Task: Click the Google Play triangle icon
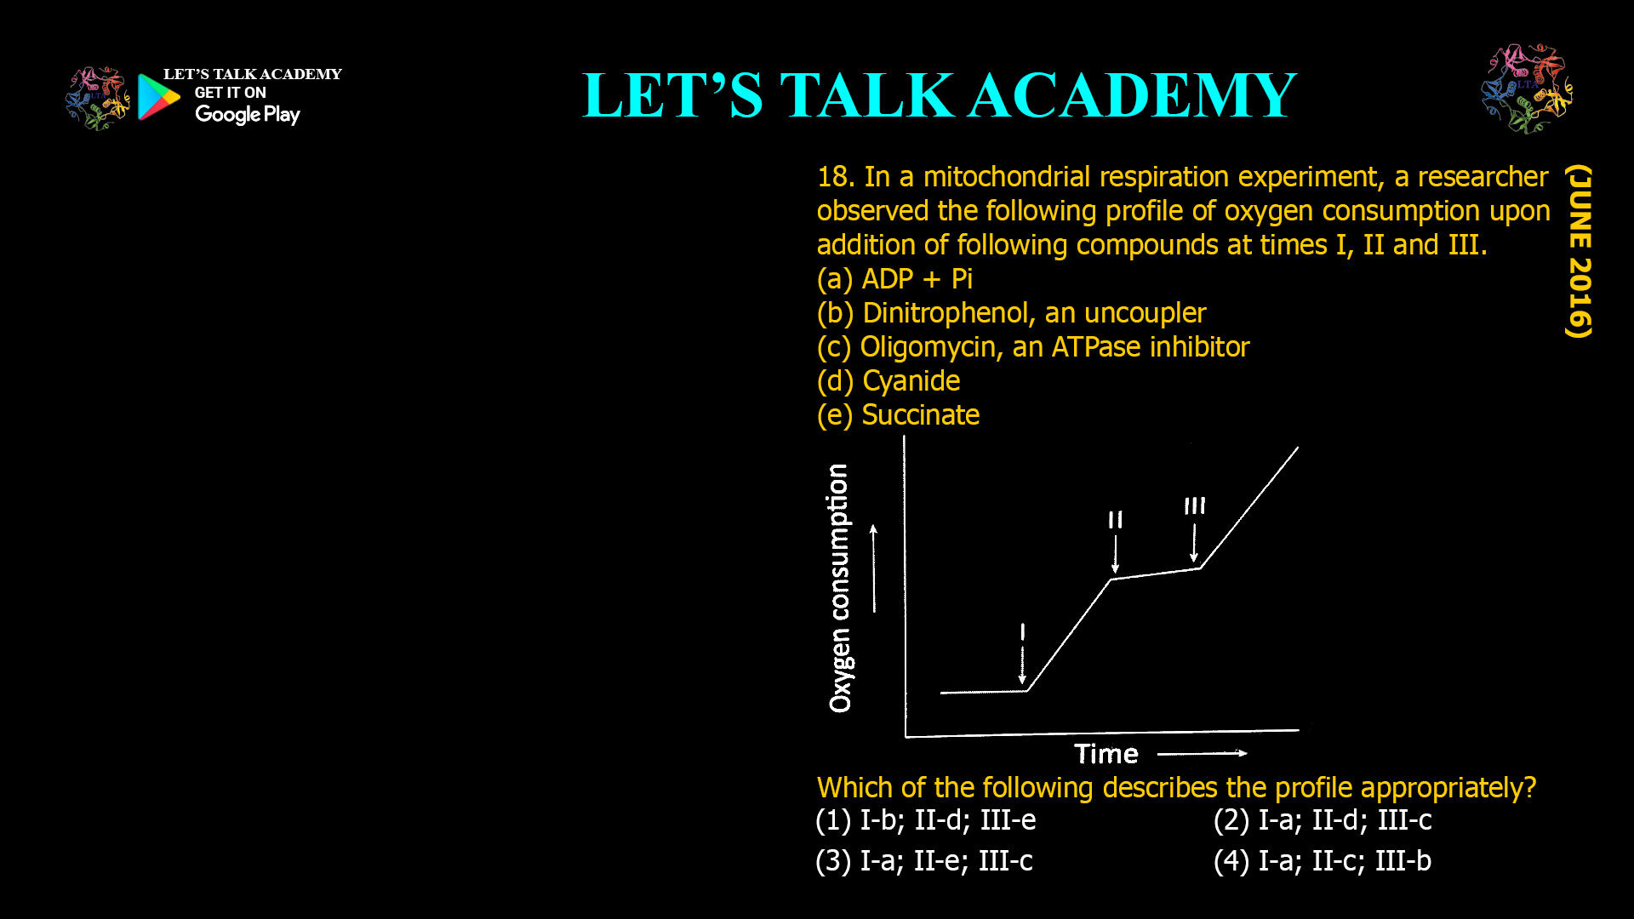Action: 158,97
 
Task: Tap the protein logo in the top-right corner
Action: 1527,88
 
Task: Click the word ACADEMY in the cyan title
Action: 1132,95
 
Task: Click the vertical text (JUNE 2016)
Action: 1579,251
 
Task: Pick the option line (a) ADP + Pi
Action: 894,279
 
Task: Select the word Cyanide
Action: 911,381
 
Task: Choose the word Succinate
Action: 920,415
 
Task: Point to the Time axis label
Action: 1106,754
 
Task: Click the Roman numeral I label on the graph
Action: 1023,631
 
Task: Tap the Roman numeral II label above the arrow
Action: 1115,519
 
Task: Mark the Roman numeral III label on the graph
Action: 1195,505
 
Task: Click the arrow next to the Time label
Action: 1202,753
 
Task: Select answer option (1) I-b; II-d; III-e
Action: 926,820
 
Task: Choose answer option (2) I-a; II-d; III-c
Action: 1323,820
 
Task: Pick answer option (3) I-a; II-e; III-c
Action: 924,861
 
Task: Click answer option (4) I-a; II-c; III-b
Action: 1323,861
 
